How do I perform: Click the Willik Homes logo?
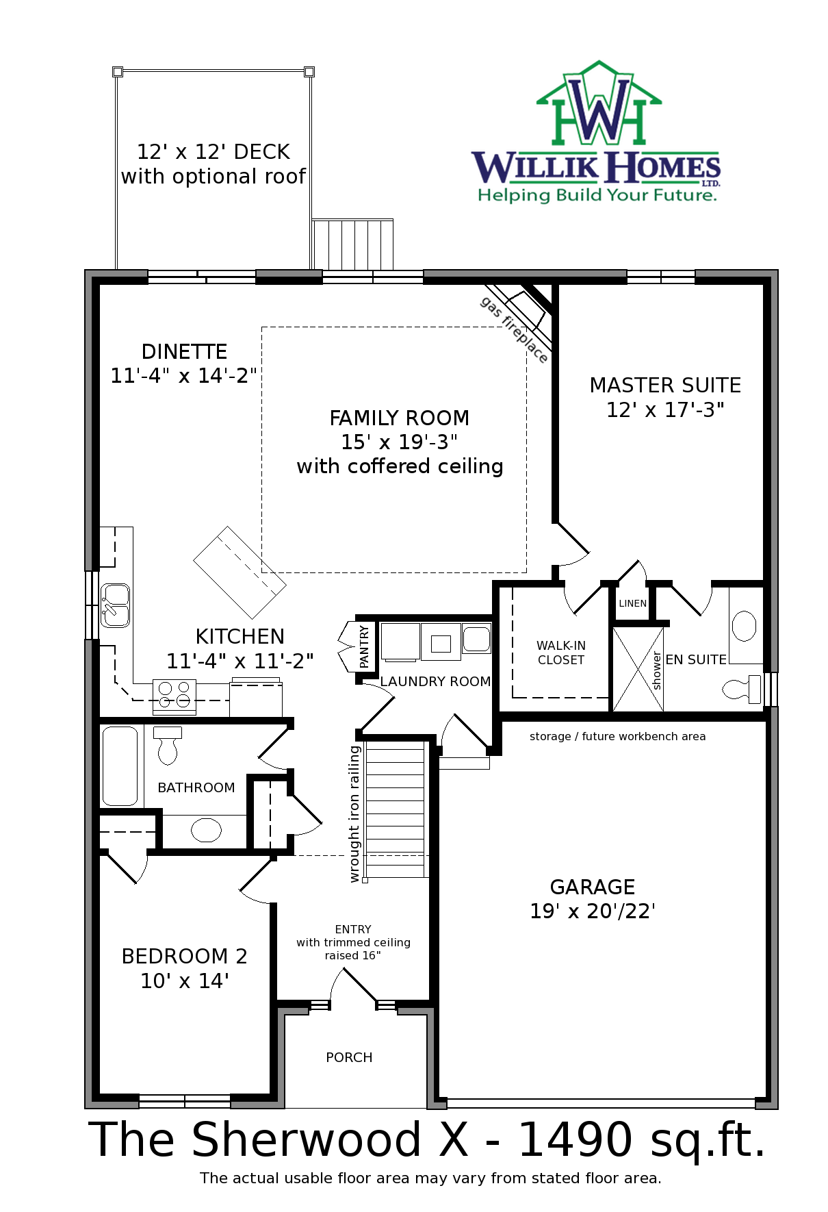pyautogui.click(x=596, y=132)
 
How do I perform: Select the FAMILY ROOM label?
pyautogui.click(x=400, y=418)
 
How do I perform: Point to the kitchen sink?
pyautogui.click(x=115, y=605)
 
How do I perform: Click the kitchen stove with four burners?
pyautogui.click(x=174, y=696)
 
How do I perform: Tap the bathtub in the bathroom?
pyautogui.click(x=120, y=766)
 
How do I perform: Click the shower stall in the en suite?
pyautogui.click(x=638, y=669)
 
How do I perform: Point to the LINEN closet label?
pyautogui.click(x=632, y=603)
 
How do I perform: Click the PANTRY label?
pyautogui.click(x=364, y=646)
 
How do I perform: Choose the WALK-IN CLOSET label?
pyautogui.click(x=561, y=653)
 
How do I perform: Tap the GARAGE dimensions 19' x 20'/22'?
pyautogui.click(x=593, y=911)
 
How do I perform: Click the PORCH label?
pyautogui.click(x=349, y=1057)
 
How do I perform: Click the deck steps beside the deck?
pyautogui.click(x=352, y=244)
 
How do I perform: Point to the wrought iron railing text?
pyautogui.click(x=354, y=814)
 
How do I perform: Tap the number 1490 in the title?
pyautogui.click(x=575, y=1140)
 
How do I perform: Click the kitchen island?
pyautogui.click(x=240, y=572)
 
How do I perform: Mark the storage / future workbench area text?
pyautogui.click(x=617, y=737)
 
